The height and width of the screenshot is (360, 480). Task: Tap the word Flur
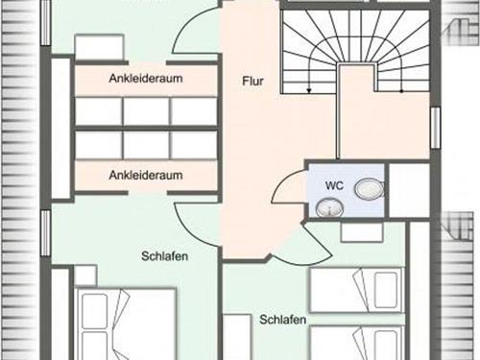[x=252, y=82]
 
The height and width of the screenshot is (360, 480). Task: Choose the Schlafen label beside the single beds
[x=281, y=319]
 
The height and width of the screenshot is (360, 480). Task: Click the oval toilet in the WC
[x=367, y=189]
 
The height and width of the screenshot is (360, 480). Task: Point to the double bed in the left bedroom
[x=125, y=326]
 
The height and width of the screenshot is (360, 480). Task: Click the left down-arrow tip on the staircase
[x=308, y=89]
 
